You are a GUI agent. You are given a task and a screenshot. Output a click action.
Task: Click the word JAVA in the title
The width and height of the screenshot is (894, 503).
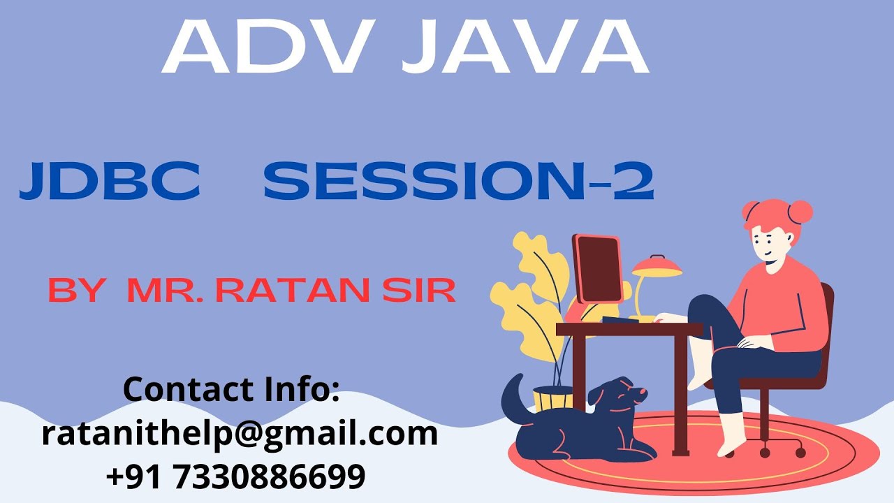pyautogui.click(x=526, y=47)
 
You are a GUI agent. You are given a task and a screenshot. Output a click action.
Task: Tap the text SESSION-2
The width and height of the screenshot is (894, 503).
pyautogui.click(x=458, y=182)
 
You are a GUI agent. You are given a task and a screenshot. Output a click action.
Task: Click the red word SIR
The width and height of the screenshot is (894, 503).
pyautogui.click(x=419, y=290)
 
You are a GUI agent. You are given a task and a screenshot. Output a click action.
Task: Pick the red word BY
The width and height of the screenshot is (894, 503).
pyautogui.click(x=76, y=290)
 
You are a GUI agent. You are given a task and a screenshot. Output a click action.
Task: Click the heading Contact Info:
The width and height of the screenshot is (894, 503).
pyautogui.click(x=231, y=389)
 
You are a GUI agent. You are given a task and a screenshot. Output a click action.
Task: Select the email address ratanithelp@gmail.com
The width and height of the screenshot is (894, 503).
pyautogui.click(x=240, y=433)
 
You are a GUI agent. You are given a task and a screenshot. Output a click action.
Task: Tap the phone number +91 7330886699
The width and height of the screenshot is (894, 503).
pyautogui.click(x=236, y=476)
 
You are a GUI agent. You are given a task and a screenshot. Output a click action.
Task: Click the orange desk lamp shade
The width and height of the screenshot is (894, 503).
pyautogui.click(x=657, y=266)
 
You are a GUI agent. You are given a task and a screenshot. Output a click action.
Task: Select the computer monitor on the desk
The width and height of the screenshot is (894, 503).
pyautogui.click(x=597, y=269)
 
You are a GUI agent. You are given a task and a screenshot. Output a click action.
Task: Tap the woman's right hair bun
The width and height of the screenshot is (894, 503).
pyautogui.click(x=800, y=211)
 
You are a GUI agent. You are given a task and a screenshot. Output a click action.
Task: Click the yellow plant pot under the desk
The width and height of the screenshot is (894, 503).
pyautogui.click(x=552, y=399)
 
